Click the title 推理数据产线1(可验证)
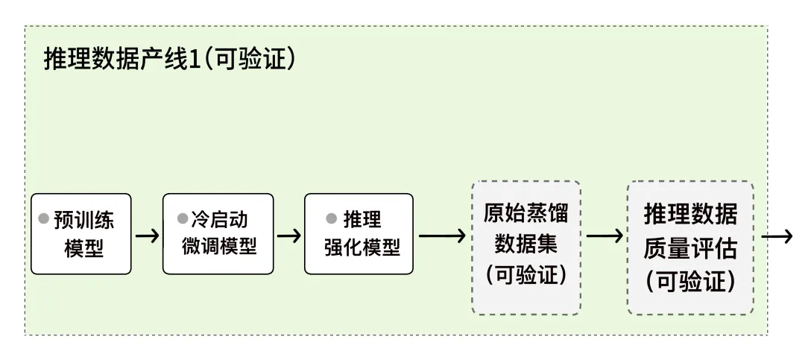171,60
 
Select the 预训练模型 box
81,234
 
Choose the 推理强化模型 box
359,234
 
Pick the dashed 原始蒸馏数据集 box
526,246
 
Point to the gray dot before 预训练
43,220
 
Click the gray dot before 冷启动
182,220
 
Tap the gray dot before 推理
332,220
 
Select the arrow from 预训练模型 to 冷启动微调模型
147,236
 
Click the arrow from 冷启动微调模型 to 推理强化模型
288,236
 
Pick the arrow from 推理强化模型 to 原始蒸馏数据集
442,236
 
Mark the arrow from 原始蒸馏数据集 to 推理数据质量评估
604,236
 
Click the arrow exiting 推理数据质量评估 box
776,236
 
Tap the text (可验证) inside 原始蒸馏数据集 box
526,275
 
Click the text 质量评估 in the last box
690,247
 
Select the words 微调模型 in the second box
219,247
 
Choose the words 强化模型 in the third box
362,247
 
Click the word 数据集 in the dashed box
526,244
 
